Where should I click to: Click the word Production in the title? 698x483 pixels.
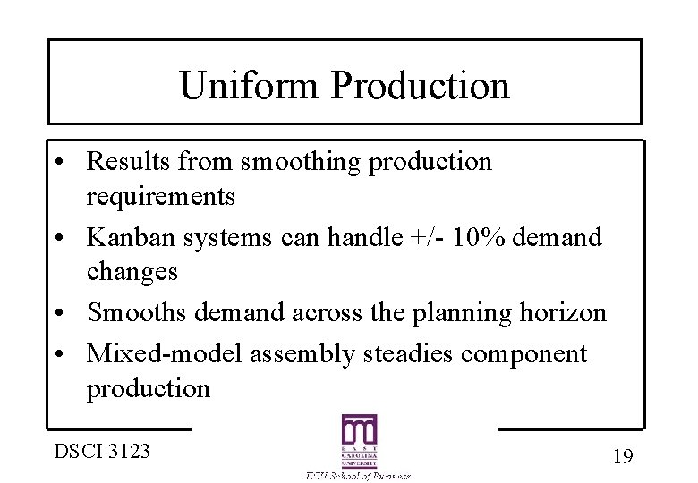point(420,85)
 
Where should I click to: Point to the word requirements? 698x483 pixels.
point(160,196)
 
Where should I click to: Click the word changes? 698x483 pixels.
point(132,271)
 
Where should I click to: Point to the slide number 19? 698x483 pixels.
point(623,456)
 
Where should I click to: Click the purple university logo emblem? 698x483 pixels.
point(359,441)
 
